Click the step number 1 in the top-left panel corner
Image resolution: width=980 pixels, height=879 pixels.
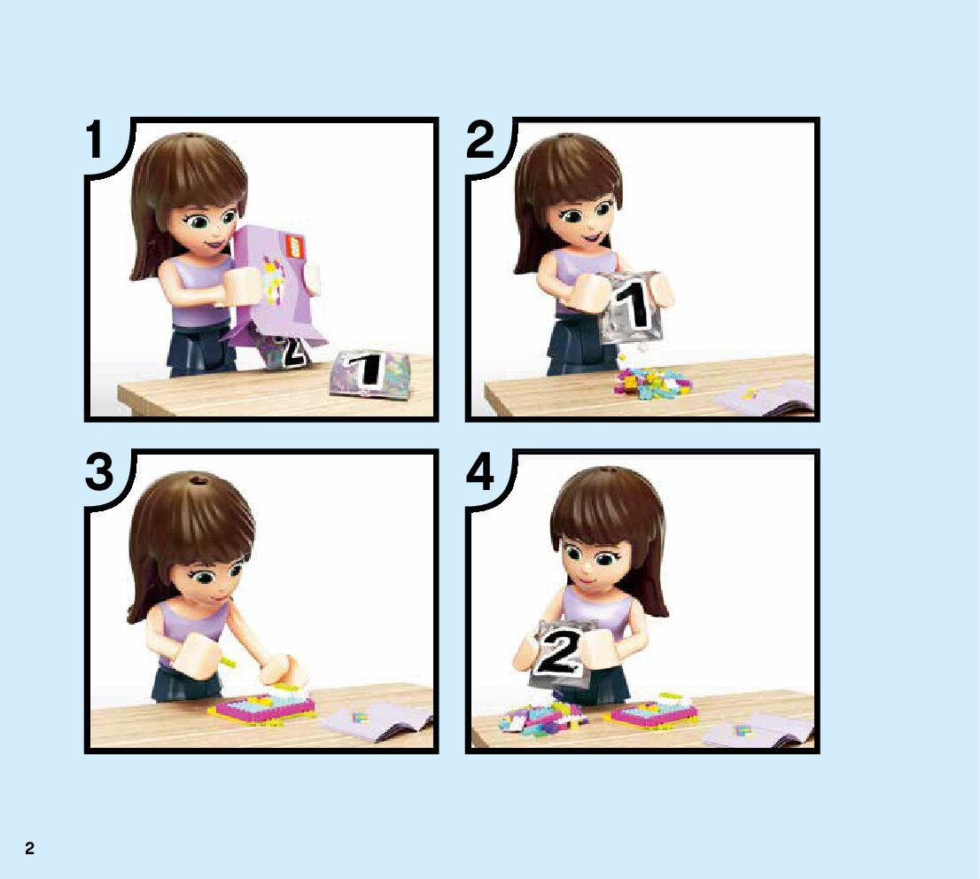tap(95, 140)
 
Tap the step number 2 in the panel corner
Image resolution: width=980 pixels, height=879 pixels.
tap(480, 140)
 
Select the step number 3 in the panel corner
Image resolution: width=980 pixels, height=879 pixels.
tap(99, 471)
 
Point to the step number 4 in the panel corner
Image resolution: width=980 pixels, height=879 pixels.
tap(480, 471)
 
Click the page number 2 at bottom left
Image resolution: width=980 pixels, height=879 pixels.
tap(29, 848)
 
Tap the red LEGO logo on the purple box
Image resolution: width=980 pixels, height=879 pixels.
tap(294, 245)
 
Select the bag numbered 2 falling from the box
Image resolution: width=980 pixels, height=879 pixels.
tap(284, 350)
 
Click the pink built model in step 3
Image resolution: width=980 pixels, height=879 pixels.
tap(262, 706)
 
